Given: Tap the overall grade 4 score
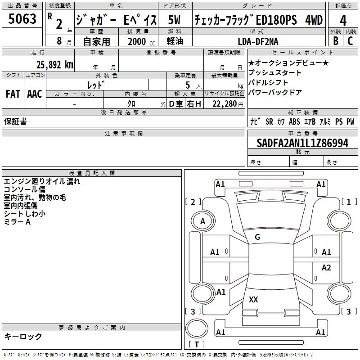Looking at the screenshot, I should coord(343,20).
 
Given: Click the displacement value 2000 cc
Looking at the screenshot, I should coord(139,41).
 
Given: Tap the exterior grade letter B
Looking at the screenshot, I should coord(335,41).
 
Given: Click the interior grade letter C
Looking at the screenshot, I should coord(350,41).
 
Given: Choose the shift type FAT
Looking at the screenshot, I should coord(13,94).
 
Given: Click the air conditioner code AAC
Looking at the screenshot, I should coord(34,94).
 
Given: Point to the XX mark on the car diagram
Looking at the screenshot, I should coord(253,300).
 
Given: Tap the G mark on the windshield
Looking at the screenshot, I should coord(257,237).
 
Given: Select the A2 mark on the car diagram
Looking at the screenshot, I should coord(326,268).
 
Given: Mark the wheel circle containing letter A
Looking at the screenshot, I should coord(202,221).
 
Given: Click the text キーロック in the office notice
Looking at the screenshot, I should coord(23,336).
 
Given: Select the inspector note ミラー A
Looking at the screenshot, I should coord(17,222).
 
